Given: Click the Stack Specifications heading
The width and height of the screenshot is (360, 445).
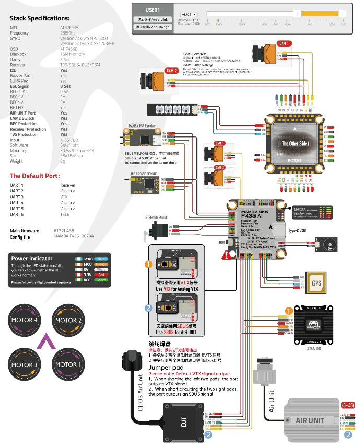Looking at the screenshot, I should [x=40, y=18].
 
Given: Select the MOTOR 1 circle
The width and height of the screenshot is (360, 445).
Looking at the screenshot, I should [x=66, y=364].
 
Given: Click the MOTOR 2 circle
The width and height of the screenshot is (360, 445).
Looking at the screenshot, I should [x=66, y=320].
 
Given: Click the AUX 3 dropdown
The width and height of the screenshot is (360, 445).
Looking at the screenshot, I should [x=189, y=14].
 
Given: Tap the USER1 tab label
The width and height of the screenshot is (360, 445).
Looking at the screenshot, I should [x=153, y=9].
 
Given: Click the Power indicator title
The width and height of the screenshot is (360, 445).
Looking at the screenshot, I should [x=32, y=258].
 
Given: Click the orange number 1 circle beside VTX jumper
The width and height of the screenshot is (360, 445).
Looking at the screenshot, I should [x=148, y=265].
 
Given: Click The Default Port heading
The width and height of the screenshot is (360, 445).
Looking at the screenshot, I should [x=34, y=176].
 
